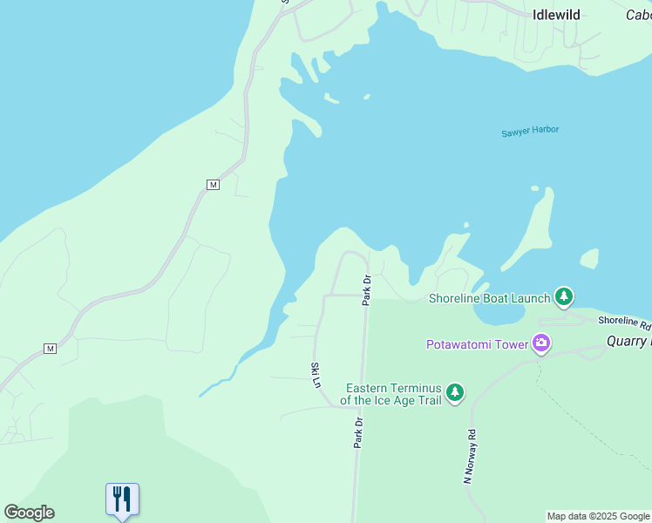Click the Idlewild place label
click(x=556, y=14)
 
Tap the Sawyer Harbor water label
click(x=530, y=131)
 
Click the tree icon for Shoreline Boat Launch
click(x=564, y=297)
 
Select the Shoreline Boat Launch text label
click(x=489, y=298)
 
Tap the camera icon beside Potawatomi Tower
click(x=541, y=343)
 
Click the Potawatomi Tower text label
click(x=477, y=344)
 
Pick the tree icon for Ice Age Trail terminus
click(x=454, y=393)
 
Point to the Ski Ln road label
click(x=316, y=375)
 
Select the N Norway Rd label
click(x=470, y=456)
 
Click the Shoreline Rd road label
click(x=624, y=323)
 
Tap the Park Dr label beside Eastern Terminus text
click(x=358, y=432)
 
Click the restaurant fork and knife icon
click(x=122, y=499)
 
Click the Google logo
click(x=29, y=513)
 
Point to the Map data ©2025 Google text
click(x=598, y=517)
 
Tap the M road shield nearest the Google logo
click(x=50, y=349)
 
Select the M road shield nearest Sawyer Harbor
click(x=213, y=185)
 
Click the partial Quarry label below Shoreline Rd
click(x=628, y=341)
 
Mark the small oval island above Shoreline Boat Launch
click(x=589, y=259)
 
